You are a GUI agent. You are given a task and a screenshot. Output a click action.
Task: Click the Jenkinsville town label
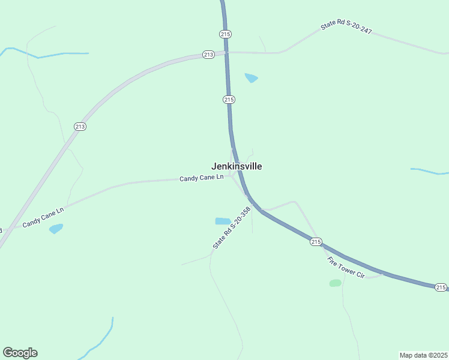click(237, 166)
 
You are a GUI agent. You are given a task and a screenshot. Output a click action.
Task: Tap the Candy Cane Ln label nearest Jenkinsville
click(201, 178)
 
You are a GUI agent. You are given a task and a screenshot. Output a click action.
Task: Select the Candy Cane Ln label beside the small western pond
click(43, 218)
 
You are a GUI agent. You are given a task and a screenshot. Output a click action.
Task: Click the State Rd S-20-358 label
click(231, 229)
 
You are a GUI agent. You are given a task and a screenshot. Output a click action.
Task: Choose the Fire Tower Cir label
click(346, 267)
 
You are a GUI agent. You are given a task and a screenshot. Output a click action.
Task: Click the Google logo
click(20, 353)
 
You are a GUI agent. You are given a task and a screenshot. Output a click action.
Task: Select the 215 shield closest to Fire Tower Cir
click(316, 241)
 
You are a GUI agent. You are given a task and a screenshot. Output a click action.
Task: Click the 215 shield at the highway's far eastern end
click(441, 287)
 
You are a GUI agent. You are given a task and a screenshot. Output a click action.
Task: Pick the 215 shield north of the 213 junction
click(225, 34)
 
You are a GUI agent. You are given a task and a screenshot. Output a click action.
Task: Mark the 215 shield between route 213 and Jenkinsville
click(228, 99)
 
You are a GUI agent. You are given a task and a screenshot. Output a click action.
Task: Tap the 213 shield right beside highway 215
click(208, 55)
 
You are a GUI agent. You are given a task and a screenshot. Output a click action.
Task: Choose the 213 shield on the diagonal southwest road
click(80, 126)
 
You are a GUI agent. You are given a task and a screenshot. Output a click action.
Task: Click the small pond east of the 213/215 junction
click(252, 77)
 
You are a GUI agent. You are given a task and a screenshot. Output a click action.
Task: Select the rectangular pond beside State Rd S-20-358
click(223, 221)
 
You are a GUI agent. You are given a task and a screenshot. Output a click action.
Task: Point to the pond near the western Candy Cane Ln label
click(56, 229)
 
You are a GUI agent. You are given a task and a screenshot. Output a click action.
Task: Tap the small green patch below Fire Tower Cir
click(335, 283)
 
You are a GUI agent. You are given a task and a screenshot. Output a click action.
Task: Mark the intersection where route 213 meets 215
click(226, 53)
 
